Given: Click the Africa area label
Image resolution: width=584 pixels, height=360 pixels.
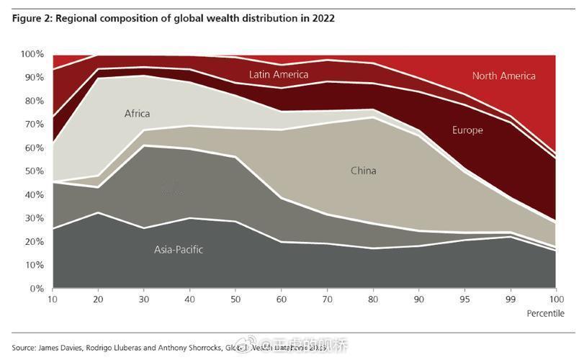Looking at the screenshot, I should (137, 114).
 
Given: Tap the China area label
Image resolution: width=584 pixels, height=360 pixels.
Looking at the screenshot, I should (364, 171).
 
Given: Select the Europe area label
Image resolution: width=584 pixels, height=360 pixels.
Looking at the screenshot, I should (467, 130).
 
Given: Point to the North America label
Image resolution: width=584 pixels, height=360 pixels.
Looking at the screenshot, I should (504, 76).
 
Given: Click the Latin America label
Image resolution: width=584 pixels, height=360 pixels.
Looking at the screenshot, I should (279, 74).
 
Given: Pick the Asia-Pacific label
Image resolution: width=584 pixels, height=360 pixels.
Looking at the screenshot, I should (179, 250).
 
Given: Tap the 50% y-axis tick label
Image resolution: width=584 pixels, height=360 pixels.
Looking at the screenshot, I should (35, 171).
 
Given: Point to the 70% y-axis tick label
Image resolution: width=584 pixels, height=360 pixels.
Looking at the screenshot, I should (35, 125).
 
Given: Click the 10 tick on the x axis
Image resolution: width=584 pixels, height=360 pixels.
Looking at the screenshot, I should (52, 299).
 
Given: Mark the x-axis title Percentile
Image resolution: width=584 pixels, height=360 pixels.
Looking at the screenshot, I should (546, 313).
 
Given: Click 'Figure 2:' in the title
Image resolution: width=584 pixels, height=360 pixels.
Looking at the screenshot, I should (32, 18).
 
